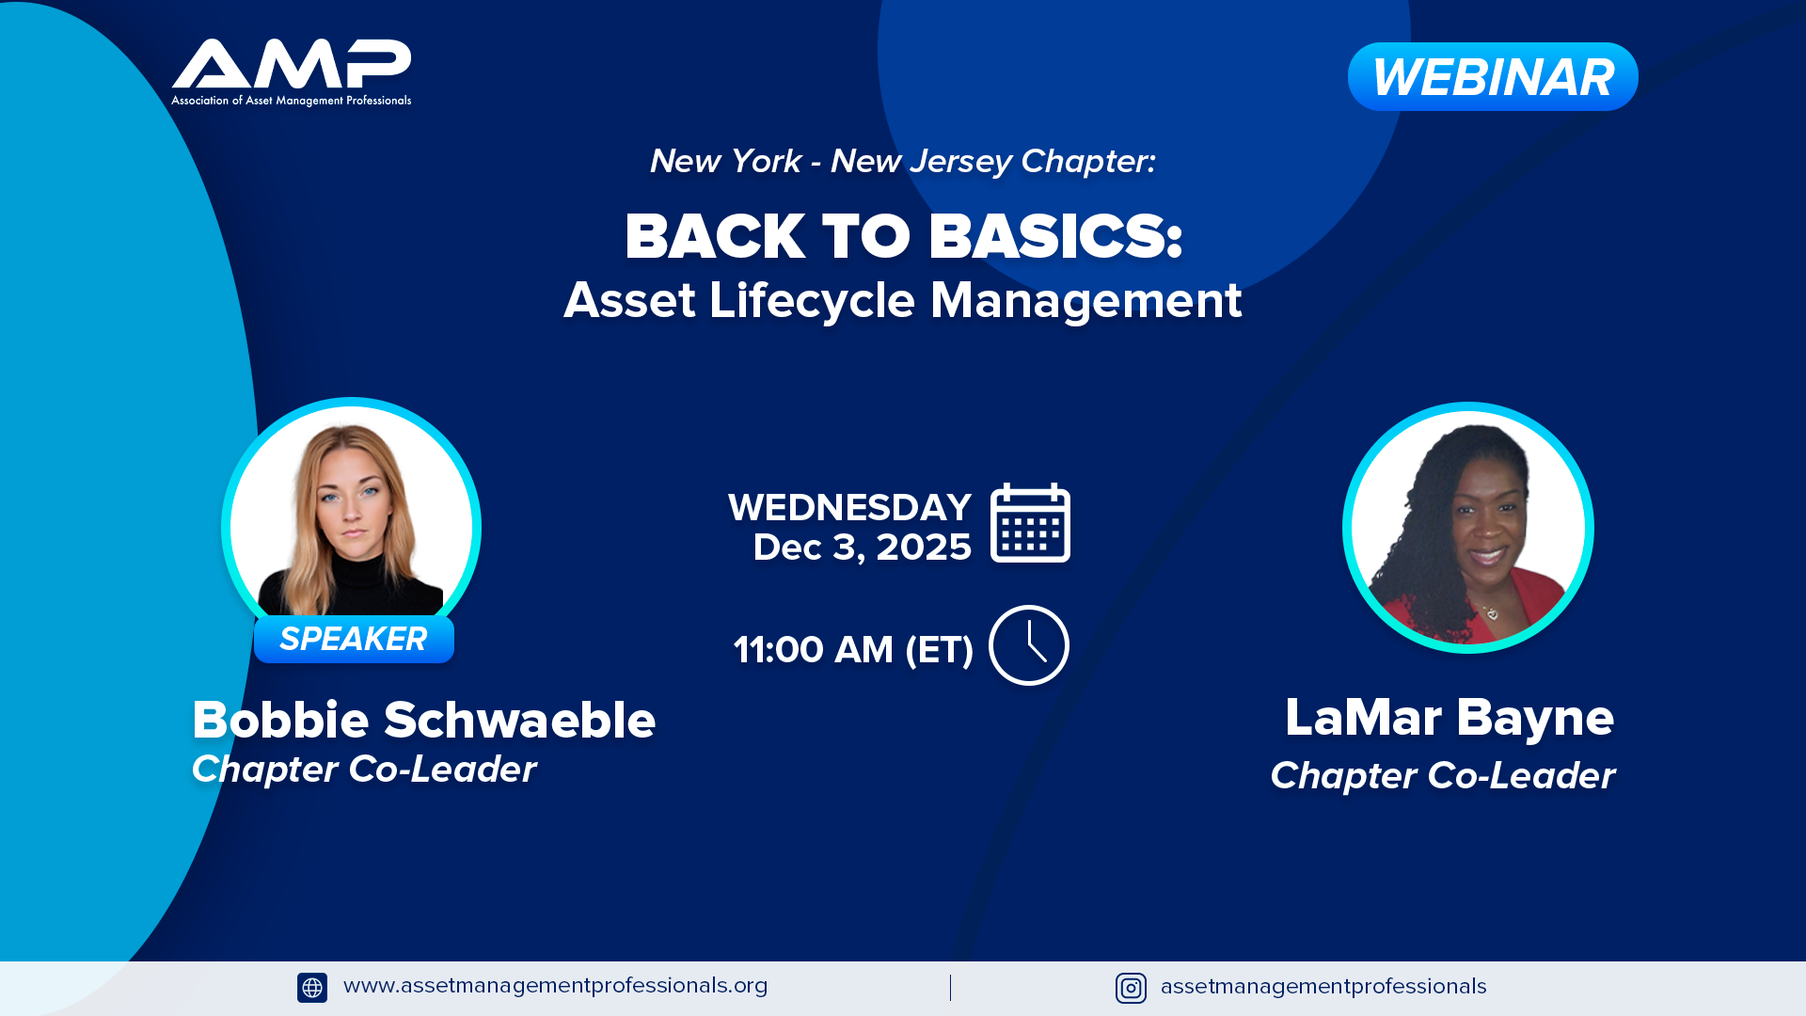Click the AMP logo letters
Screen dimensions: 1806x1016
pos(292,63)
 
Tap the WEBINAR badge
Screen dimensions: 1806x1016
pos(1493,76)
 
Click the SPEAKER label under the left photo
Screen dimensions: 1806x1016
pos(354,639)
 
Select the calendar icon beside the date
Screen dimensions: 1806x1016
pos(1030,523)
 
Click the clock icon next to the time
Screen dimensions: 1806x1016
pos(1029,645)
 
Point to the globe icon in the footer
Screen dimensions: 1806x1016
pos(312,988)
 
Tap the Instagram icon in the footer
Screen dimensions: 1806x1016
pos(1131,988)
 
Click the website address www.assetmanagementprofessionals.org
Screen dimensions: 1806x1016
pos(556,986)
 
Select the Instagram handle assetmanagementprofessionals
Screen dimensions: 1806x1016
pos(1323,987)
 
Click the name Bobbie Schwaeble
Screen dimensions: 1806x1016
pos(424,720)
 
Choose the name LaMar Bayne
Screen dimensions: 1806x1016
pos(1450,718)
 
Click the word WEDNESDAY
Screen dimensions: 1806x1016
pos(849,507)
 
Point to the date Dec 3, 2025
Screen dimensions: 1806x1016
pos(862,548)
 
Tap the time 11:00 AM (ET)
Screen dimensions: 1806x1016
pos(853,650)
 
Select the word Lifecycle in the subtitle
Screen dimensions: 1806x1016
pos(812,301)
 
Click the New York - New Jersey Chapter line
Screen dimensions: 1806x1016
pos(903,162)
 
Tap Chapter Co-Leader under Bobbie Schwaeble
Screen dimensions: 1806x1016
pos(364,770)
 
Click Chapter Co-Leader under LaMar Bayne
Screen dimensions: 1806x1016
pos(1443,776)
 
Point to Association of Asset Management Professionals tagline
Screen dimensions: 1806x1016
pos(292,101)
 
